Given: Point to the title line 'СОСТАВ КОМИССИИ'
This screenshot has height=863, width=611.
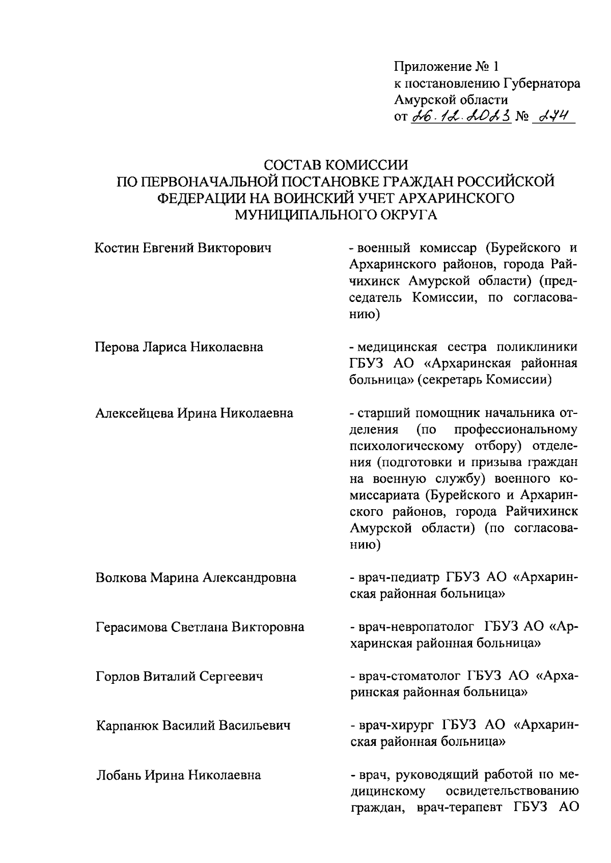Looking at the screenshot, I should pyautogui.click(x=336, y=165).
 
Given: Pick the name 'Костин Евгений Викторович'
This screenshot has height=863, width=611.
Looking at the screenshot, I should pyautogui.click(x=183, y=248).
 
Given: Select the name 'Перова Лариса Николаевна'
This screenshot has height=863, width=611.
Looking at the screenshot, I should pyautogui.click(x=179, y=347).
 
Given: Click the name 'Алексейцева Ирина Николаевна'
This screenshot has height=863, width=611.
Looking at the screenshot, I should pyautogui.click(x=194, y=413).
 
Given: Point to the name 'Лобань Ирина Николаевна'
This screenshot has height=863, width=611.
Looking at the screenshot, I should pyautogui.click(x=178, y=775).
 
